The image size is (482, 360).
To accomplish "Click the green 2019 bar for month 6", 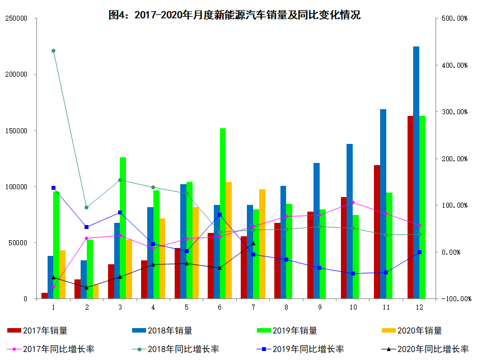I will click(x=223, y=213).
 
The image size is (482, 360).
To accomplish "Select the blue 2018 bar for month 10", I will click(x=349, y=221).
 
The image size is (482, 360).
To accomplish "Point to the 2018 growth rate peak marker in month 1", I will click(x=53, y=51).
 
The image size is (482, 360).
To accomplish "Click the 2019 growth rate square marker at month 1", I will click(x=53, y=188).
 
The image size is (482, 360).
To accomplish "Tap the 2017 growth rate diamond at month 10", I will click(x=353, y=203).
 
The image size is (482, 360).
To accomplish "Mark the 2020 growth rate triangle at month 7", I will click(x=253, y=243).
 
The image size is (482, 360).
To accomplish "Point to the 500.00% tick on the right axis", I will click(x=454, y=18).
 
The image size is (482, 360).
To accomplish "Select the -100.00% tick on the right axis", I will click(x=454, y=299).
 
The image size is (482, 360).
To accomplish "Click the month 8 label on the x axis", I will click(x=286, y=307).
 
